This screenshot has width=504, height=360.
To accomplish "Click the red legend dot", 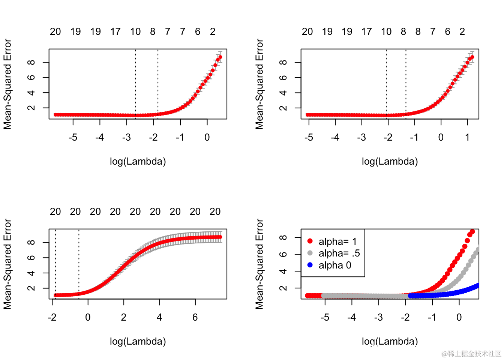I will (x=310, y=241).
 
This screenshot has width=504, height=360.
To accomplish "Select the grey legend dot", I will (x=310, y=253).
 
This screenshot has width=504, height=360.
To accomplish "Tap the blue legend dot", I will (x=310, y=265).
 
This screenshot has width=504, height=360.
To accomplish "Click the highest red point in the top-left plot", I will (x=220, y=57).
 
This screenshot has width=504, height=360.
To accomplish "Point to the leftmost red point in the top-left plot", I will (x=55, y=114).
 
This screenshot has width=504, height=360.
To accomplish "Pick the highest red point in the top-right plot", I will (x=472, y=57).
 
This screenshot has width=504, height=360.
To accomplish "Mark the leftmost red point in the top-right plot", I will (x=307, y=114).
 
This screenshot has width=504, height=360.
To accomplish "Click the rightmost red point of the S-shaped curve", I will (x=220, y=237).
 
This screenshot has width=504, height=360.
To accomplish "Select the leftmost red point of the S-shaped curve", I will (x=55, y=295).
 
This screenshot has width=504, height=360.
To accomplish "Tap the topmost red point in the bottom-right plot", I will (x=472, y=231).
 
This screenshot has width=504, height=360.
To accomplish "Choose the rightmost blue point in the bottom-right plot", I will (x=478, y=286).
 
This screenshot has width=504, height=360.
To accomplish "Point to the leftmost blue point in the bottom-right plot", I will (x=410, y=296).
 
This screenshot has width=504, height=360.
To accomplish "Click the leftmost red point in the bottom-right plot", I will (x=307, y=295).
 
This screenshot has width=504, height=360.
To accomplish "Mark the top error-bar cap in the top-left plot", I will (x=220, y=51).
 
